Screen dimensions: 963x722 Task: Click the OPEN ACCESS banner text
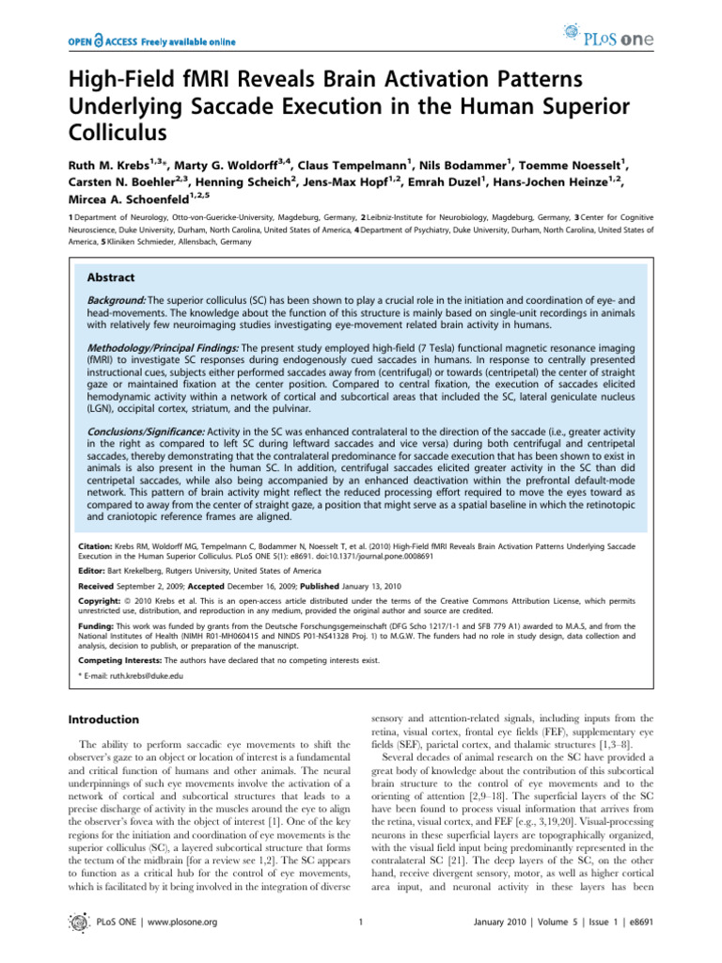[x=151, y=42]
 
